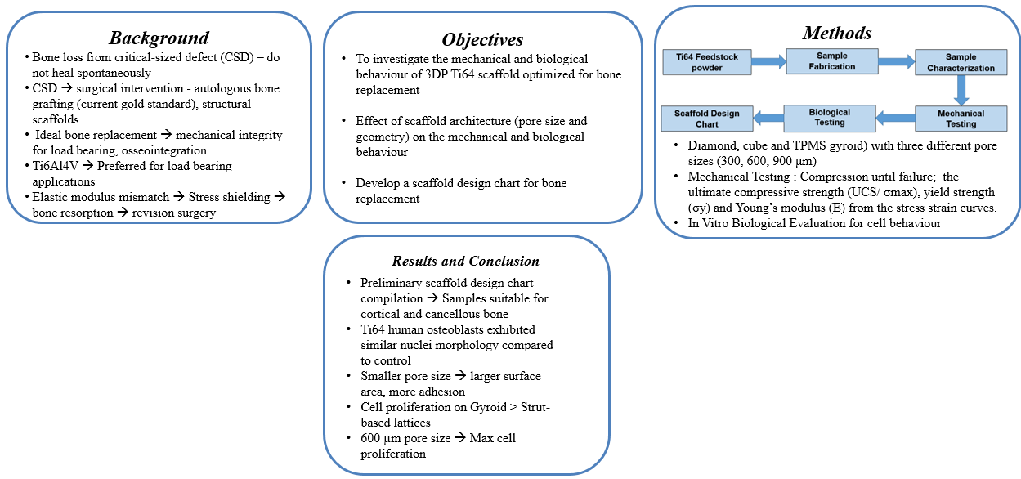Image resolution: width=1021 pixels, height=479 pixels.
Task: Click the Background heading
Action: tap(159, 38)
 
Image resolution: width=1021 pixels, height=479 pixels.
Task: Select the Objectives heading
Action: tap(482, 39)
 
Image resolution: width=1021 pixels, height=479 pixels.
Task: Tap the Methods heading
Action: tap(836, 33)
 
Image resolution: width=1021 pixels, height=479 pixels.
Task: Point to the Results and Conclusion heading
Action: tap(466, 261)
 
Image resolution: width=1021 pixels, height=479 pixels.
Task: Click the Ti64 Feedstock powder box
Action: tap(706, 62)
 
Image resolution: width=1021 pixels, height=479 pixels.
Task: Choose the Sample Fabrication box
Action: tap(832, 62)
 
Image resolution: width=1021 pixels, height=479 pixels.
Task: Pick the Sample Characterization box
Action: tap(961, 63)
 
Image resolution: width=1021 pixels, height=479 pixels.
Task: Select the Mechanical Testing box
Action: tap(961, 119)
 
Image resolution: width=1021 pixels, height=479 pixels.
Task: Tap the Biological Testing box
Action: tap(830, 117)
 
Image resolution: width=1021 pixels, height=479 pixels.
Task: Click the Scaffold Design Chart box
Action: tap(707, 119)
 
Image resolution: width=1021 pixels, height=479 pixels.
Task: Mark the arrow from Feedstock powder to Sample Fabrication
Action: tap(768, 61)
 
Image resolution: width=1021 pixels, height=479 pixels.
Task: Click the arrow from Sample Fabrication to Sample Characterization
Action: tap(896, 61)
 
